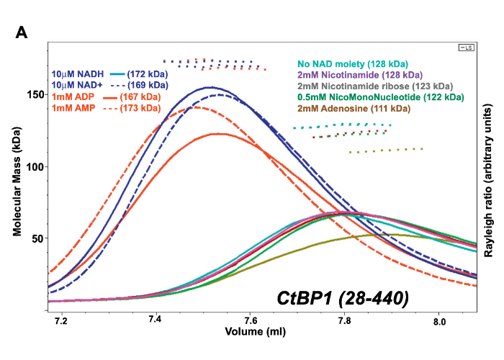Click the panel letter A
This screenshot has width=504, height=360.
[22, 32]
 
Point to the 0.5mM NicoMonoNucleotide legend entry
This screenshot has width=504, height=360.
[380, 96]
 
